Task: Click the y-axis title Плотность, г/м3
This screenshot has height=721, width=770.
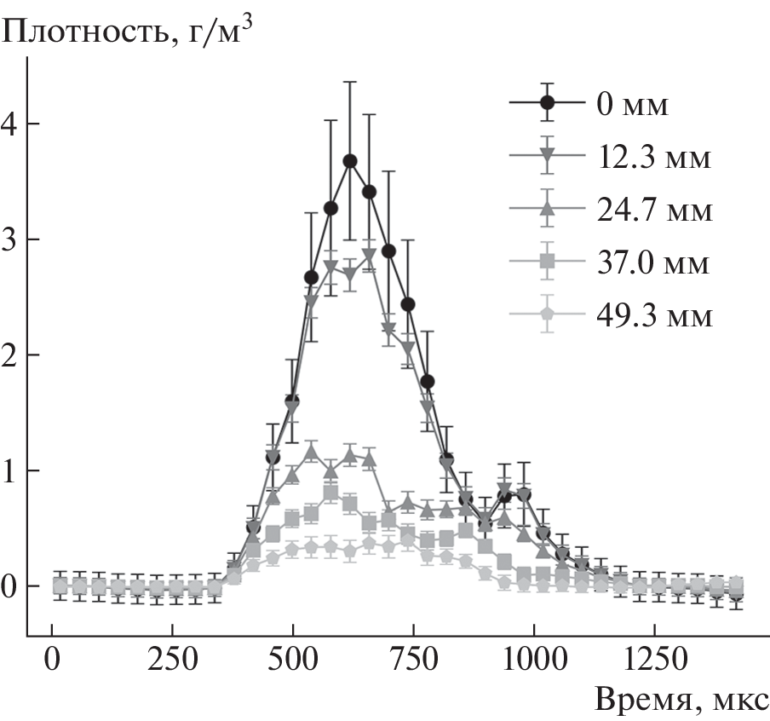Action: [128, 32]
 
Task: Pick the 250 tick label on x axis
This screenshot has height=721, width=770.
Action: [174, 659]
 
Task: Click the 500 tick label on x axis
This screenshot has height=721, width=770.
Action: [294, 659]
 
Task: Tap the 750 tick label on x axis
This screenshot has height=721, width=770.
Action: [414, 659]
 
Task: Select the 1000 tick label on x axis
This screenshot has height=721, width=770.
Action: [534, 659]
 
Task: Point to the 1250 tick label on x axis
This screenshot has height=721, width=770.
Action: [654, 659]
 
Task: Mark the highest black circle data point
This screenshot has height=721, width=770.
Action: [350, 161]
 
